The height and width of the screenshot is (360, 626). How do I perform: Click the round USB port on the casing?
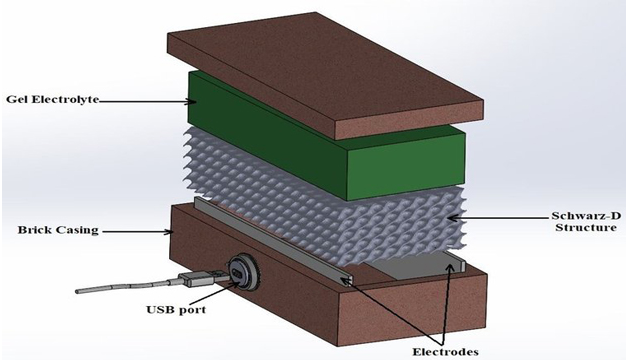click(x=240, y=271)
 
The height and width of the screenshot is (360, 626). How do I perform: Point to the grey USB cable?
click(x=120, y=291)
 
